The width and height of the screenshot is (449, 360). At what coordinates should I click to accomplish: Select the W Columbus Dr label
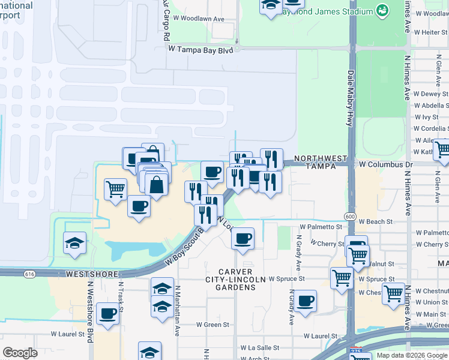[x=386, y=164]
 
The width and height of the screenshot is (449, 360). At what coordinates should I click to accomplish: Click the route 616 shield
[x=29, y=274]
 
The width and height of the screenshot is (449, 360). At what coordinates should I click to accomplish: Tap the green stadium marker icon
[x=382, y=10]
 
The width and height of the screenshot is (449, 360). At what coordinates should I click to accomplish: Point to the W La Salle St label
[x=261, y=347]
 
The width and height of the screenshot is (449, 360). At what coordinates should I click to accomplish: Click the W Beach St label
[x=375, y=221]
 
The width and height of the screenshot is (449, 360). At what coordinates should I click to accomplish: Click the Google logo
[x=20, y=353]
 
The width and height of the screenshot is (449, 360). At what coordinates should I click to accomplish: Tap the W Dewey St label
[x=431, y=94]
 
